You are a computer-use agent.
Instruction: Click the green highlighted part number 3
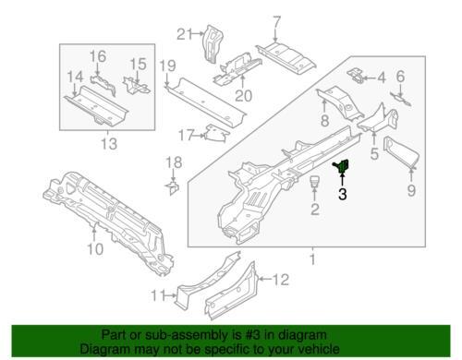tap(341, 166)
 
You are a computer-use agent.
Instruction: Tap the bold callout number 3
tap(343, 194)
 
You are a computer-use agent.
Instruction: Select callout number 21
tap(185, 34)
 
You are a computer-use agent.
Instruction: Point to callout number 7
tap(276, 22)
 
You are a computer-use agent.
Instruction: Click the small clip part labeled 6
tap(401, 99)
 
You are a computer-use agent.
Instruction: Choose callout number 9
tap(411, 190)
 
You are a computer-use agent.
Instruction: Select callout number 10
tap(95, 249)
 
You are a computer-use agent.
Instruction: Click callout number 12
tap(281, 280)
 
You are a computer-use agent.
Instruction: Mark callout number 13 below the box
tap(109, 144)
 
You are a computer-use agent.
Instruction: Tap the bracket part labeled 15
tap(136, 85)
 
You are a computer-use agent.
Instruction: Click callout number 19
tap(168, 66)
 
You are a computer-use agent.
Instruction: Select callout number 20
tap(244, 96)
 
